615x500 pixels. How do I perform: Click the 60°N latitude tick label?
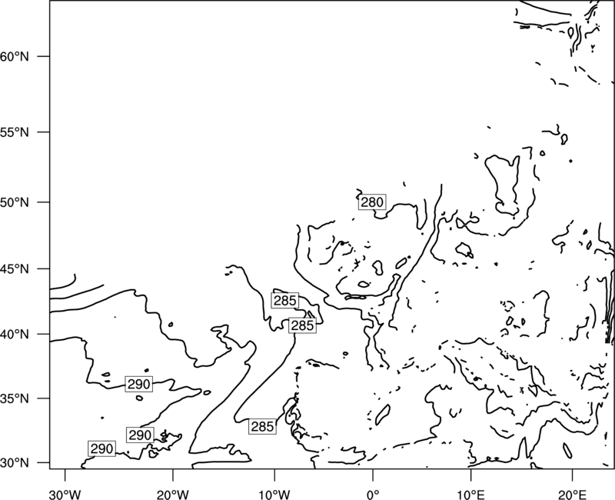click(x=15, y=56)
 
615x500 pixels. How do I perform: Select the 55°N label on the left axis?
click(x=15, y=132)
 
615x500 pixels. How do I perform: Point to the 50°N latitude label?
click(x=15, y=202)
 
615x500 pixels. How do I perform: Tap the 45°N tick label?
click(x=15, y=269)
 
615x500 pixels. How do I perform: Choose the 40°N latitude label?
click(x=15, y=335)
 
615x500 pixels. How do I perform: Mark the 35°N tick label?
click(x=15, y=398)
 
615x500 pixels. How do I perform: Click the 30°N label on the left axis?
click(x=15, y=463)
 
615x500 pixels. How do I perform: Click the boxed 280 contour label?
click(x=372, y=202)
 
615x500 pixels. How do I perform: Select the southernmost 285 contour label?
click(x=262, y=426)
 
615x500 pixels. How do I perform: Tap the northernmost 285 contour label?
click(x=284, y=301)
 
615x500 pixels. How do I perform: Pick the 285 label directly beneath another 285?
click(x=302, y=325)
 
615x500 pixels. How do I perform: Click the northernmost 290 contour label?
click(x=139, y=384)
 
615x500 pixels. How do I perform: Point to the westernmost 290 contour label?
click(x=102, y=448)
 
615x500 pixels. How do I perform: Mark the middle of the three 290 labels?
click(x=140, y=435)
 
